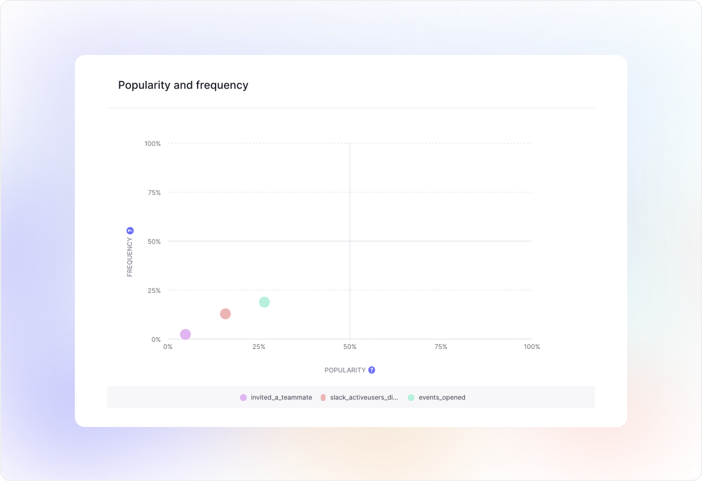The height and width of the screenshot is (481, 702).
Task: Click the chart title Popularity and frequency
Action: (x=183, y=85)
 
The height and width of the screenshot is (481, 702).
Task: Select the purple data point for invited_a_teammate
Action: (x=185, y=334)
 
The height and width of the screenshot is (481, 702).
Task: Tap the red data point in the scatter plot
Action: (x=225, y=314)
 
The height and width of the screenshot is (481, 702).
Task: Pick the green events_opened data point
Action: (x=264, y=302)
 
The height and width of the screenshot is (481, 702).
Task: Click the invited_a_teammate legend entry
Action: (x=281, y=397)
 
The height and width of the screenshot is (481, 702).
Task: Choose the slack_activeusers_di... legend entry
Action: (x=363, y=397)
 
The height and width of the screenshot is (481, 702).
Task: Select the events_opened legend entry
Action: (x=441, y=397)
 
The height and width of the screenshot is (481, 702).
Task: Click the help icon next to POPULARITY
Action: (x=371, y=370)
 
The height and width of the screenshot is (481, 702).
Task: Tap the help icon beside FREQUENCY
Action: (x=130, y=230)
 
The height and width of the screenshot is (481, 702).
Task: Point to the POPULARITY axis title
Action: (x=345, y=370)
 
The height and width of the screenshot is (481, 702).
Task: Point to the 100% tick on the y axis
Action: (x=153, y=143)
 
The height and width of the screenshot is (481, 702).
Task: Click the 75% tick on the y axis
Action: (x=154, y=192)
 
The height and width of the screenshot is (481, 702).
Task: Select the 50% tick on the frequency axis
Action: (x=154, y=241)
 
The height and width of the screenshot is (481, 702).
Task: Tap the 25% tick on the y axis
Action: (x=154, y=290)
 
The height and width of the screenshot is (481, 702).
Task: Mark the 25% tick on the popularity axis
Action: (x=259, y=346)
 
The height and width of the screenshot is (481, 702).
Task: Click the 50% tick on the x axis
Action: (x=350, y=346)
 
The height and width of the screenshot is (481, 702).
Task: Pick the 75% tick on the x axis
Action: (x=441, y=346)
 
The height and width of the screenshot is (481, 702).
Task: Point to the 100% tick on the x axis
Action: (x=532, y=346)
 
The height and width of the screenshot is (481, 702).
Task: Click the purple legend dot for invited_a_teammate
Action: (x=243, y=397)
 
